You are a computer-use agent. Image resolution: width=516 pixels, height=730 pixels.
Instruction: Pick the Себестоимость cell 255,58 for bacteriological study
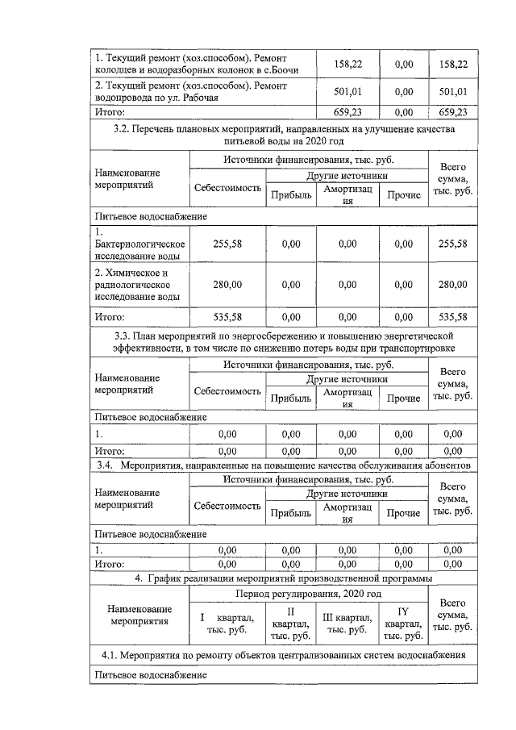tap(227, 244)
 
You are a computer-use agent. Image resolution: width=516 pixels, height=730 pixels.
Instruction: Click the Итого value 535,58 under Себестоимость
tap(227, 317)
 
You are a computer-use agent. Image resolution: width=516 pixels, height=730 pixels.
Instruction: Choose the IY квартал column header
tap(403, 623)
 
